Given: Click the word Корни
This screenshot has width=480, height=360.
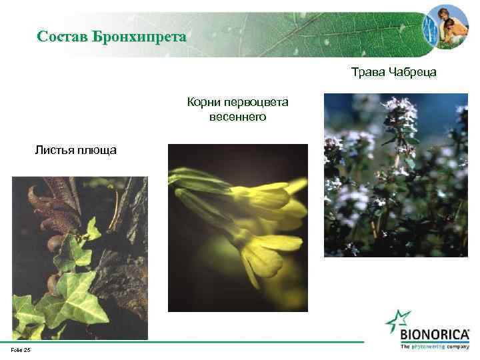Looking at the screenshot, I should [x=203, y=103].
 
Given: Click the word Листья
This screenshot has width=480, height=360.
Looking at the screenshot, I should [x=56, y=150].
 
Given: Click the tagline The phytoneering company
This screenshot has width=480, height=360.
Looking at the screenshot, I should [x=434, y=347].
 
